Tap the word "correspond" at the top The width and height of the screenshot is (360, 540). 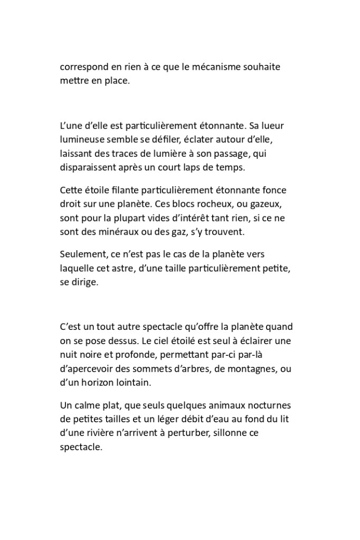(82, 68)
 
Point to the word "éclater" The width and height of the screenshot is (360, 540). (217, 141)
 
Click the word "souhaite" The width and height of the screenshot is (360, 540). (262, 68)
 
